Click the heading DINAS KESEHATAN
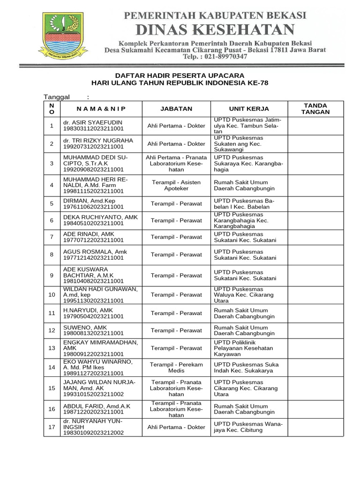pos(215,30)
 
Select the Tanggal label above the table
pos(57,97)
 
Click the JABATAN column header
pos(176,109)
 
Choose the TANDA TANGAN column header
pos(315,109)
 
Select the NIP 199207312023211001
pos(93,147)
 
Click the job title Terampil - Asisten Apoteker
pos(176,185)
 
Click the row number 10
pos(52,295)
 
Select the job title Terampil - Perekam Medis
pos(176,367)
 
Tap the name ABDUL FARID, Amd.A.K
pos(97,405)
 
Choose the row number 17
pos(52,427)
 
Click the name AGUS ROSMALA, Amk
pos(95,252)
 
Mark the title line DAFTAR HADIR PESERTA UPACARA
pos(180,75)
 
